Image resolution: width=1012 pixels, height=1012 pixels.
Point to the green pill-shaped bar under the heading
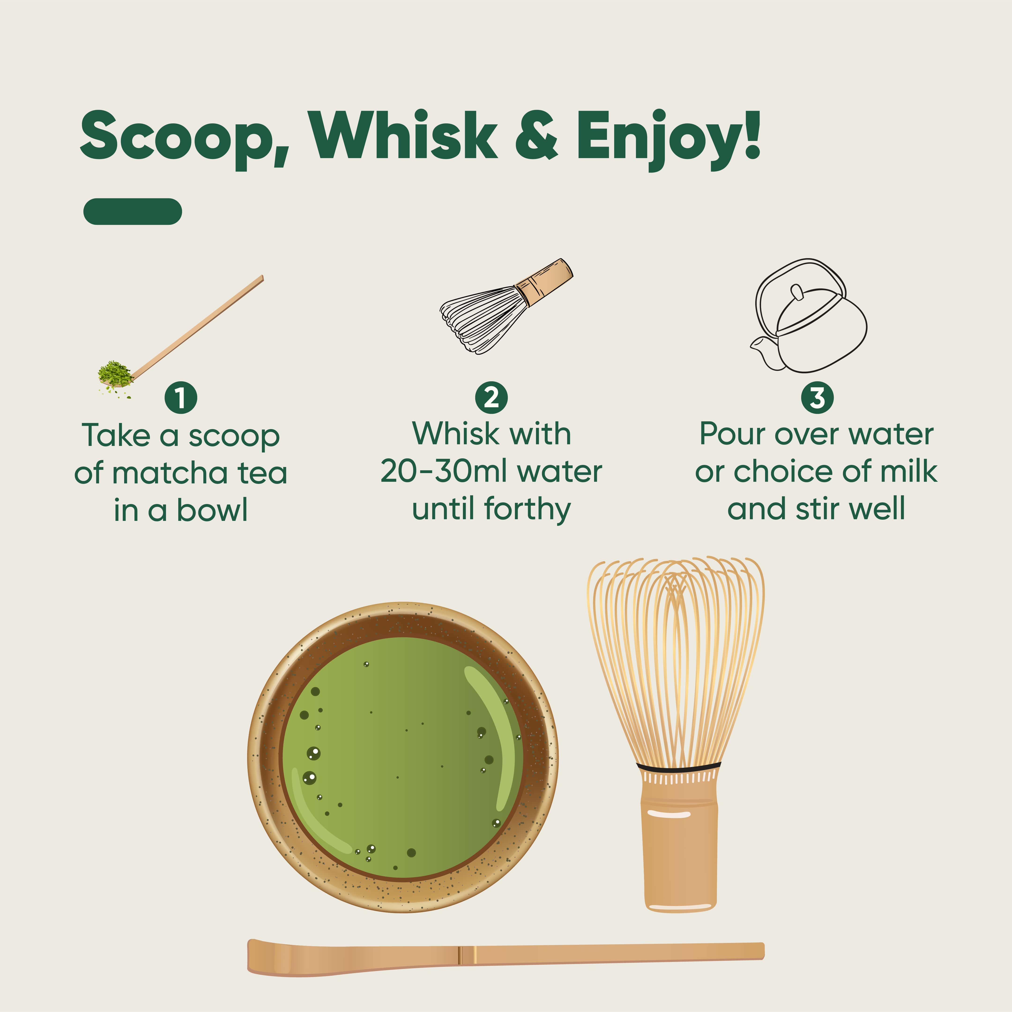click(x=133, y=212)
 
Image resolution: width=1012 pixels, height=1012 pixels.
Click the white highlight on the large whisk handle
click(x=669, y=815)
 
